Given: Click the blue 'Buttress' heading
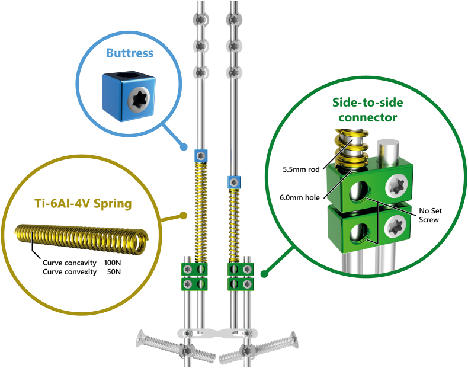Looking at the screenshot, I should click(x=130, y=53).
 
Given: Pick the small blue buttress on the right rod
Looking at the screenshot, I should click(x=235, y=182).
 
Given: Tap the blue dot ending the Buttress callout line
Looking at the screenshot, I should click(x=185, y=147).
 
